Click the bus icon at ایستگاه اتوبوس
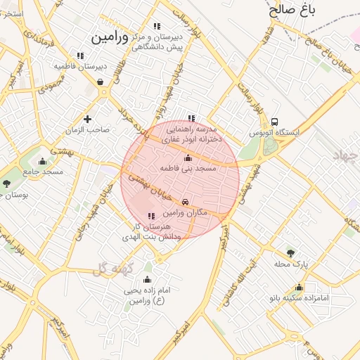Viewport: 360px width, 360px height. point(274,121)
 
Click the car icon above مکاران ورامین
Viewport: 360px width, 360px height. point(186,201)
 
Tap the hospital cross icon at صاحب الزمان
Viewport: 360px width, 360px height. point(87,119)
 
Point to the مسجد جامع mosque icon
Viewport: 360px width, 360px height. point(43,161)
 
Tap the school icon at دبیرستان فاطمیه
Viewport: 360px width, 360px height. point(80,55)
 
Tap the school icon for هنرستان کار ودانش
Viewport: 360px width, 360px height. point(151,216)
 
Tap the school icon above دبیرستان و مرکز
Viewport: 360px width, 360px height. point(166,26)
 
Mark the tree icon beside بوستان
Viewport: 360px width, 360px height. point(7,184)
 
